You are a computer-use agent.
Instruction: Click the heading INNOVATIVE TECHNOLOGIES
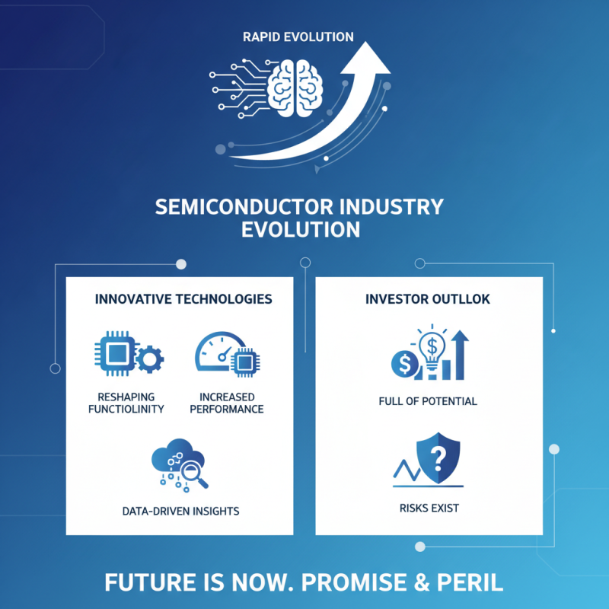183,299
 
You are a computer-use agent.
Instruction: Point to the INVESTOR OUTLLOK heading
428,299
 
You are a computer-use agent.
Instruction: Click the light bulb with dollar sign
431,351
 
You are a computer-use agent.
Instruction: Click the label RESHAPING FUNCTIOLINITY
132,403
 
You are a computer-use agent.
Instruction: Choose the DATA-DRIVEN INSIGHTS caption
180,511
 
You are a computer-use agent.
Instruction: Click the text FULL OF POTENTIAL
428,401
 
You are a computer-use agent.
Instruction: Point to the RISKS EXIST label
428,508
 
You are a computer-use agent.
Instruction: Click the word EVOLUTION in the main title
301,229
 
